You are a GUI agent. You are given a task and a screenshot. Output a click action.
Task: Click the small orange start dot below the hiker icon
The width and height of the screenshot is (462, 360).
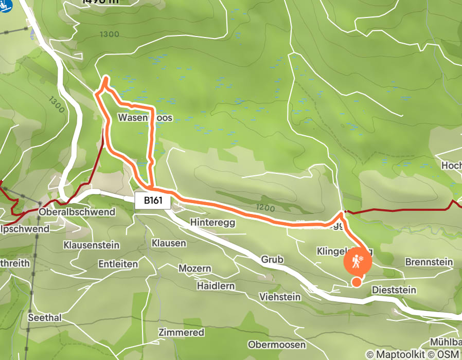(x=356, y=281)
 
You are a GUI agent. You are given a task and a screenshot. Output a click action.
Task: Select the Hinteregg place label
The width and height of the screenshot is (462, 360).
(x=212, y=222)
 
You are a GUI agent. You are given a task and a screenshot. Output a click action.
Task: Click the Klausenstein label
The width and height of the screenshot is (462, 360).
(x=91, y=245)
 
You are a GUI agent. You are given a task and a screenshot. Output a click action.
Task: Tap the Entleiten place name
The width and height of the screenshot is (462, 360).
(x=118, y=264)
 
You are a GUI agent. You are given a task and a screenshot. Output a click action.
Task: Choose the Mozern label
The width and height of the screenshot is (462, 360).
(x=194, y=268)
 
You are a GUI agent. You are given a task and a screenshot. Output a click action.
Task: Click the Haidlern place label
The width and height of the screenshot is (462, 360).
(x=216, y=285)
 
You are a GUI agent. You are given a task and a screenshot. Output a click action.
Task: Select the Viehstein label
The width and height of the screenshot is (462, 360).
(x=279, y=297)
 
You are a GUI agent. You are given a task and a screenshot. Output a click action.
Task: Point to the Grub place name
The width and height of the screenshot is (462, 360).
(x=272, y=260)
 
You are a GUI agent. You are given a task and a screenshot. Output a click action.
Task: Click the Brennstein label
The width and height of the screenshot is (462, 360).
(x=429, y=262)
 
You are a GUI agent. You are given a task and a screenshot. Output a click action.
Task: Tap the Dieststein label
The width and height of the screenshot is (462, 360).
(x=394, y=290)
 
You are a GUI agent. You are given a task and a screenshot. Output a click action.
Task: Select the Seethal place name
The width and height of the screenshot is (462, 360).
(x=45, y=318)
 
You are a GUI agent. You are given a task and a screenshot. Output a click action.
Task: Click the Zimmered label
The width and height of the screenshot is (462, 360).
(x=181, y=332)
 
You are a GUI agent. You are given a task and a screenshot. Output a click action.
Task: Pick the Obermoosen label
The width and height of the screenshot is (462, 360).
(x=277, y=344)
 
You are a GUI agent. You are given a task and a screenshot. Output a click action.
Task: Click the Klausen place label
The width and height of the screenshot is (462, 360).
(x=169, y=242)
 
